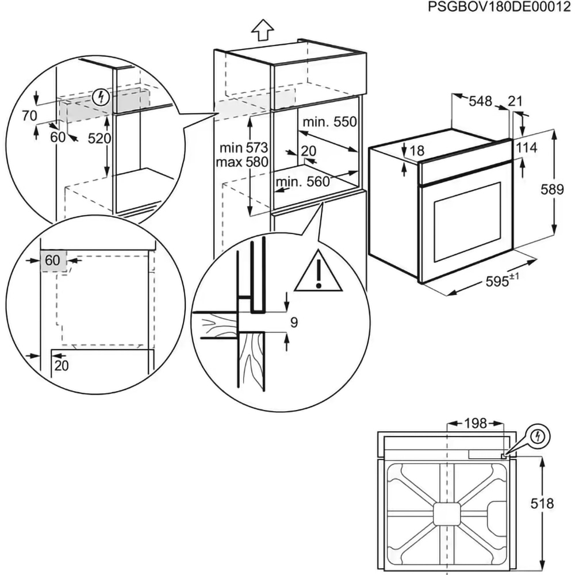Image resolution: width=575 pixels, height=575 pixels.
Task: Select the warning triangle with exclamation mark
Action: pos(319,272)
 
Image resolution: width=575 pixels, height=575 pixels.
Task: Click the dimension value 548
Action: pos(480,101)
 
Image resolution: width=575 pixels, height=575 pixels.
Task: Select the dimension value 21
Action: pos(516,101)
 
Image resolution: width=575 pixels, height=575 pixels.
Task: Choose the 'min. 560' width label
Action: pos(302,182)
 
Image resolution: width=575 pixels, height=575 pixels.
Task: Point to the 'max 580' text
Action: pos(241,162)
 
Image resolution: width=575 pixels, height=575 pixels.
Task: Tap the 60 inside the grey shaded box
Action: pos(52,260)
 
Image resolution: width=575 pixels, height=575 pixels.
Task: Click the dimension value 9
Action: pos(293,323)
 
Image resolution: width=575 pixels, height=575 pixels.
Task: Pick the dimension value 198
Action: pos(475,424)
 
